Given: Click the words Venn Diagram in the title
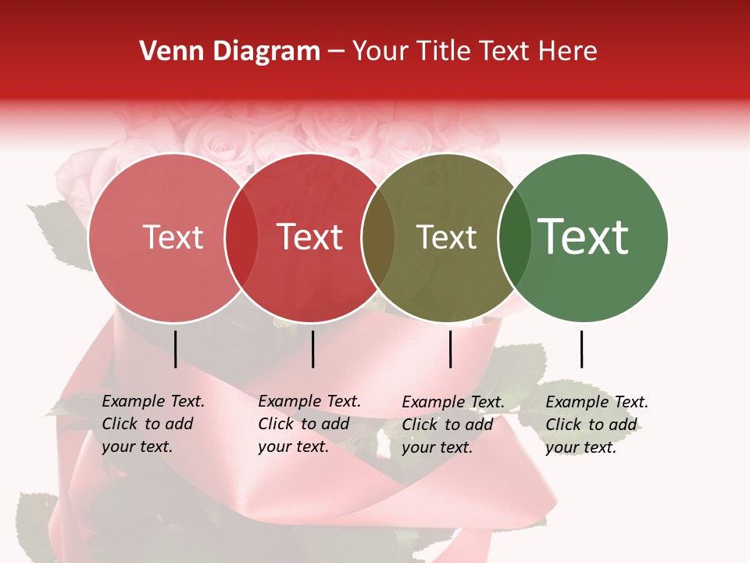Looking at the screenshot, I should pyautogui.click(x=230, y=52).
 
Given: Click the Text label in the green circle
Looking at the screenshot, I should pyautogui.click(x=584, y=237).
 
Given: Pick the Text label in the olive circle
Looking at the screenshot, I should pyautogui.click(x=446, y=237).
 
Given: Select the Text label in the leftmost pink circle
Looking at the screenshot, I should pyautogui.click(x=173, y=237).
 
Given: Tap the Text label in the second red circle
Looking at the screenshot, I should pyautogui.click(x=310, y=237).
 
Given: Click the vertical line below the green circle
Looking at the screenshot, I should pyautogui.click(x=581, y=349).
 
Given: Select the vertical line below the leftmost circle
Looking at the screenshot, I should pyautogui.click(x=175, y=349).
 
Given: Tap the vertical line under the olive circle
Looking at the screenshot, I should pyautogui.click(x=450, y=349).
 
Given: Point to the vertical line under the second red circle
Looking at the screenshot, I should pyautogui.click(x=312, y=349).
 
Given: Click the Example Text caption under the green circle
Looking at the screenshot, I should pyautogui.click(x=597, y=425).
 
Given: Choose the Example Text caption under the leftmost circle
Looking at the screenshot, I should pyautogui.click(x=153, y=424).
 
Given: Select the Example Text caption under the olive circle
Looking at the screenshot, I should pyautogui.click(x=453, y=425).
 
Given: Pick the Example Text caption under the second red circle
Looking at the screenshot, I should pyautogui.click(x=309, y=424).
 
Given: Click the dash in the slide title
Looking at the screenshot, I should pyautogui.click(x=337, y=52).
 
